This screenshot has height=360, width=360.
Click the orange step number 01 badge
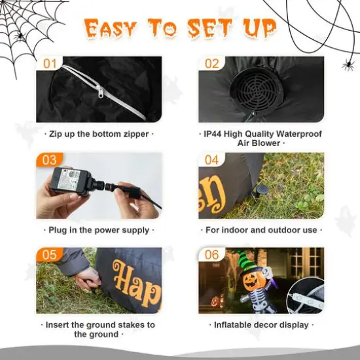50,64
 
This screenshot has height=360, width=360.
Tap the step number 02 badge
212,64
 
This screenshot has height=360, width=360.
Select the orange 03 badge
50,160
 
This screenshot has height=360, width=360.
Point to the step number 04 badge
212,160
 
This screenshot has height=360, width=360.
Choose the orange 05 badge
50,255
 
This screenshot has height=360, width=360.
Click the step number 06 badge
212,255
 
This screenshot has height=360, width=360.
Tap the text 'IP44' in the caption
213,134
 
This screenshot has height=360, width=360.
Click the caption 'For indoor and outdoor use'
261,230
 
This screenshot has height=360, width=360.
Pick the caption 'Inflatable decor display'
261,325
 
